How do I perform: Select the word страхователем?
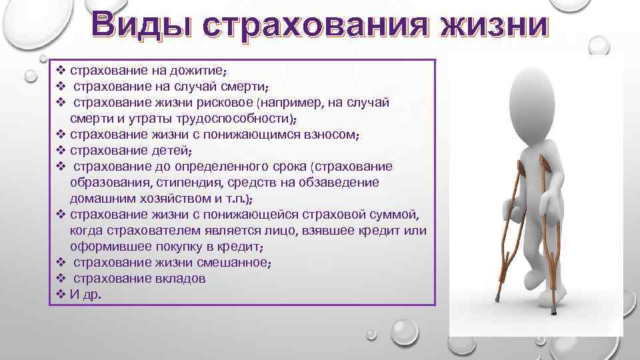pos(149,231)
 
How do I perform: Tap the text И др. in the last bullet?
pos(86,295)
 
